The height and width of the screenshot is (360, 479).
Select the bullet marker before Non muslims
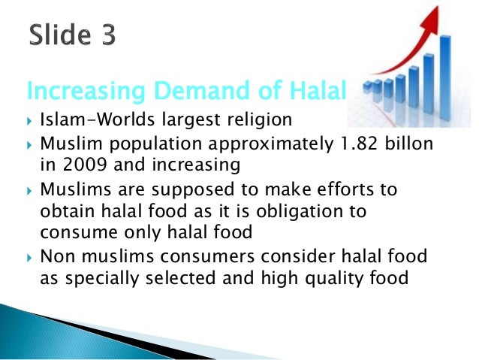[x=29, y=258]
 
